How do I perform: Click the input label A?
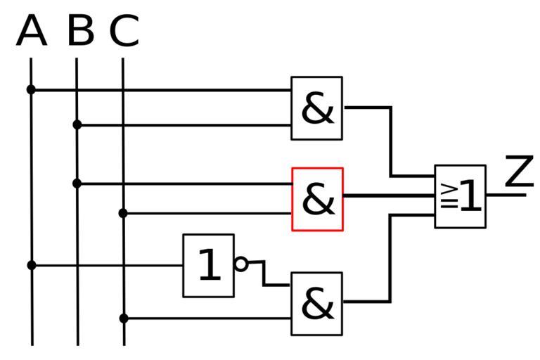click(31, 32)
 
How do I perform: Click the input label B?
click(81, 32)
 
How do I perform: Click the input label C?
click(124, 32)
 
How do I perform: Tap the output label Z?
click(519, 172)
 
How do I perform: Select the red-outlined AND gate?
click(318, 199)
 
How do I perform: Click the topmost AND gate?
click(317, 108)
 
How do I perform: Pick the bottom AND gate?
click(317, 304)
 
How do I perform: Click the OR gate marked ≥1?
click(461, 196)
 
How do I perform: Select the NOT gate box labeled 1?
click(208, 265)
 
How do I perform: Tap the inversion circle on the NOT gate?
click(241, 264)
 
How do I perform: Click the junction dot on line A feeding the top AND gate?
click(31, 89)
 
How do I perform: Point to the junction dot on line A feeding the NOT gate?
click(31, 265)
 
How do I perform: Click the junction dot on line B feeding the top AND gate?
click(77, 125)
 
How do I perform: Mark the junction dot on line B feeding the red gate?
click(77, 184)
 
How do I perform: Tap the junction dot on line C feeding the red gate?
click(123, 212)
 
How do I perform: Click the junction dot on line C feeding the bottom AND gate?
click(124, 319)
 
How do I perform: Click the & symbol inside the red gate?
click(318, 200)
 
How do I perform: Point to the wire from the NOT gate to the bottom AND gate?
click(265, 274)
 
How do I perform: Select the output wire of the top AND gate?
click(391, 141)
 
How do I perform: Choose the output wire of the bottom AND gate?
click(390, 260)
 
